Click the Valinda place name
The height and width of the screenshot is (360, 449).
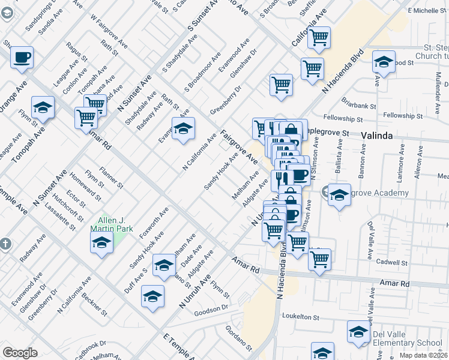click(x=376, y=136)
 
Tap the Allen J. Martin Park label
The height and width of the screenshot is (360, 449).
click(x=111, y=224)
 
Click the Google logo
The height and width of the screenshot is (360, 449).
click(x=20, y=353)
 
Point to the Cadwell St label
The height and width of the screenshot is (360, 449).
click(x=393, y=263)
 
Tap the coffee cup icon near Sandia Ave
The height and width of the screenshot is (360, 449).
click(x=22, y=58)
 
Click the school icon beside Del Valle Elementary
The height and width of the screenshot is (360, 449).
click(x=359, y=332)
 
